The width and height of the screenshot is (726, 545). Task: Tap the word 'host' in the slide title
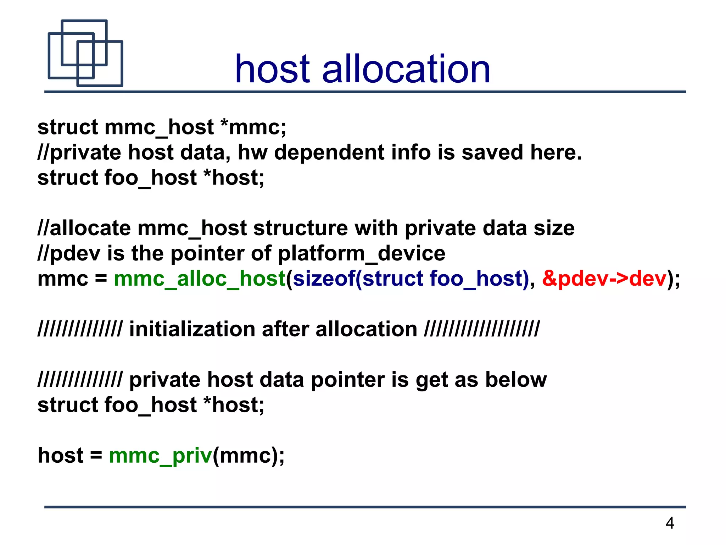272,69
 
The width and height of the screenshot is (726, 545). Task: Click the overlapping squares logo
85,53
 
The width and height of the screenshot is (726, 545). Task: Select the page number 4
670,523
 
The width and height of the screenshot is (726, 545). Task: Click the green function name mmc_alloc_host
200,279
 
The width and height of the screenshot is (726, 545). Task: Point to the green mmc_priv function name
160,456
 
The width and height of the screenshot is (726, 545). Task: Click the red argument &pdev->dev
604,279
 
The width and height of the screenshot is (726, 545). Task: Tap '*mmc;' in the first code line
253,127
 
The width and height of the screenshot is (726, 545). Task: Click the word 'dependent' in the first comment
329,153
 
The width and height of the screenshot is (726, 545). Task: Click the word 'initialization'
192,329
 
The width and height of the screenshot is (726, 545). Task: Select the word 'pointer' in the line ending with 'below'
348,380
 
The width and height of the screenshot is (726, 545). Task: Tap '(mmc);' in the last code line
248,456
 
